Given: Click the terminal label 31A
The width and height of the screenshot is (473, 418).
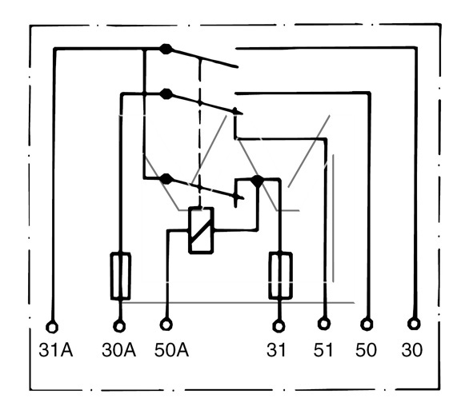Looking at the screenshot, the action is click(56, 350).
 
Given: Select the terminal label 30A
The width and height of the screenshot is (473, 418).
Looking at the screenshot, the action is click(119, 350).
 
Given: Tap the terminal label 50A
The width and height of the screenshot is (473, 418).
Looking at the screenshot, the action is click(171, 350).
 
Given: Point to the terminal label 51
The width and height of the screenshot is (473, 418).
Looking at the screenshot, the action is click(323, 350).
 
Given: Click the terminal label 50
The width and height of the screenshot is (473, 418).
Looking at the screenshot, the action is click(366, 350).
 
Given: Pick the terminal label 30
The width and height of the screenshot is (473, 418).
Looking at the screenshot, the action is click(412, 350).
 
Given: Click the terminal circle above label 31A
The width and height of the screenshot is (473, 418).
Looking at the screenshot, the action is click(52, 327).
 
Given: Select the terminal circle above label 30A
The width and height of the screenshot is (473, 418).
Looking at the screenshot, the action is click(119, 326).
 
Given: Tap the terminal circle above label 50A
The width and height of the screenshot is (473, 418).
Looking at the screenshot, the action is click(166, 324).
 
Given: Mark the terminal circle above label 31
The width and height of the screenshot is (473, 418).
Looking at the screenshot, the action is click(279, 326).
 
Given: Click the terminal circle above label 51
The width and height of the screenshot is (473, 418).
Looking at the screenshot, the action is click(324, 324).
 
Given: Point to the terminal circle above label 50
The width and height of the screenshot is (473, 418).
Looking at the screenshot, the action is click(367, 324).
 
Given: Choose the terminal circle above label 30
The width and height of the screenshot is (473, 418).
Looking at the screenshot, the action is click(414, 324).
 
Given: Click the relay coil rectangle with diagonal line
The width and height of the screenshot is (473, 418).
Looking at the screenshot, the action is click(201, 230).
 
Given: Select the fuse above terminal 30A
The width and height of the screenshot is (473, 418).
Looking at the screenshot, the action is click(121, 277).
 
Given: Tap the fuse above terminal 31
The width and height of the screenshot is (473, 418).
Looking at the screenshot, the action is click(280, 276).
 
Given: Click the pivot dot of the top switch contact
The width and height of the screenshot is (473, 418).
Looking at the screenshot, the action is click(166, 49).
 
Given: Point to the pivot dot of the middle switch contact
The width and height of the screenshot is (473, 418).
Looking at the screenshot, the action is click(166, 94).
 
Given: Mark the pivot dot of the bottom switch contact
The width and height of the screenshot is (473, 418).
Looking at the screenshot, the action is click(166, 179).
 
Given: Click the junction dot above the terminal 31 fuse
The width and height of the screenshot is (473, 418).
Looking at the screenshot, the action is click(257, 181).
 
